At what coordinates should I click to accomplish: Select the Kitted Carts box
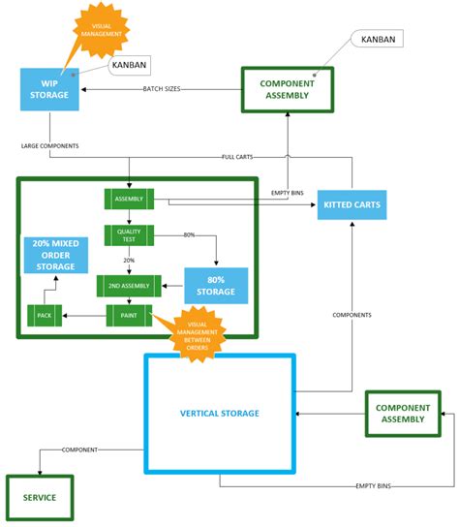352,204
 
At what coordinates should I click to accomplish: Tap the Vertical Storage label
220,414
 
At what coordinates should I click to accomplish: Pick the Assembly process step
129,199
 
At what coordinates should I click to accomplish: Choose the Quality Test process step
129,235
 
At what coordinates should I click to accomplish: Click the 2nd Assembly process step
128,286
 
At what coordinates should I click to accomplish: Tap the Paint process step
128,314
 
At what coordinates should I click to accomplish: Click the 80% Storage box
216,286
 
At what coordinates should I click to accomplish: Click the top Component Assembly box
288,89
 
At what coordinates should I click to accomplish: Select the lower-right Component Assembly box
402,414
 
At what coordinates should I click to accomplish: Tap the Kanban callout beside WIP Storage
129,64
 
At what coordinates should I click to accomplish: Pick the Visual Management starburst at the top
101,29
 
